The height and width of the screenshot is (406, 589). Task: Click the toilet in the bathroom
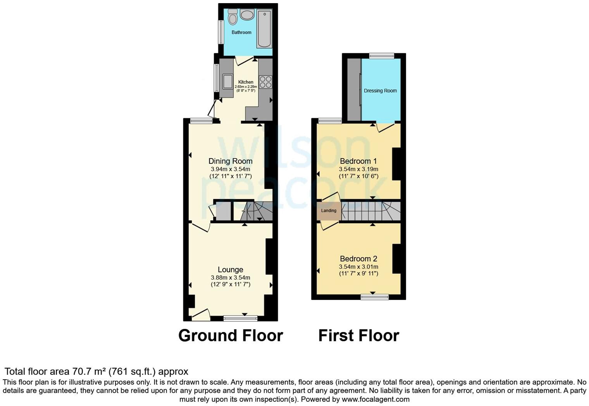click(x=232, y=17)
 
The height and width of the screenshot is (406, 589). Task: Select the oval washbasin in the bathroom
click(x=247, y=15)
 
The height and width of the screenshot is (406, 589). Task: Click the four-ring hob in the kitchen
click(x=265, y=82)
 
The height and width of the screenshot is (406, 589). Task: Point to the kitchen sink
click(x=227, y=81)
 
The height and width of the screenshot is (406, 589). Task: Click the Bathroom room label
click(x=241, y=33)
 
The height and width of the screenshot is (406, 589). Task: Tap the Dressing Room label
click(x=380, y=91)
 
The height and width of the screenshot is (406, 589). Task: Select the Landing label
click(x=329, y=211)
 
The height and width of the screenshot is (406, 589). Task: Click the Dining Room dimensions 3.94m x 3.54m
click(x=231, y=169)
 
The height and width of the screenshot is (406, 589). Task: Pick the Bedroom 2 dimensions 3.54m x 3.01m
click(x=358, y=267)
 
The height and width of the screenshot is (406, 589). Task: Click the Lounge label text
click(x=231, y=270)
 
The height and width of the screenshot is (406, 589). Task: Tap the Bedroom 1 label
click(x=358, y=161)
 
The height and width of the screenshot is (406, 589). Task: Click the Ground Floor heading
click(x=231, y=335)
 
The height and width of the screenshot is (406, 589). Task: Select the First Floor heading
click(x=358, y=335)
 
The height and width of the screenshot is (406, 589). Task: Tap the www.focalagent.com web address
click(x=375, y=399)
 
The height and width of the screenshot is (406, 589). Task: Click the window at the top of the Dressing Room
click(x=381, y=56)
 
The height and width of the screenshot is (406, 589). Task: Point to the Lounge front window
click(x=240, y=318)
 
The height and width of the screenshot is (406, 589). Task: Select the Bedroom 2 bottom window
click(x=374, y=297)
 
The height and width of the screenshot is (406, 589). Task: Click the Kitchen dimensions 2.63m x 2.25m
click(x=246, y=87)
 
